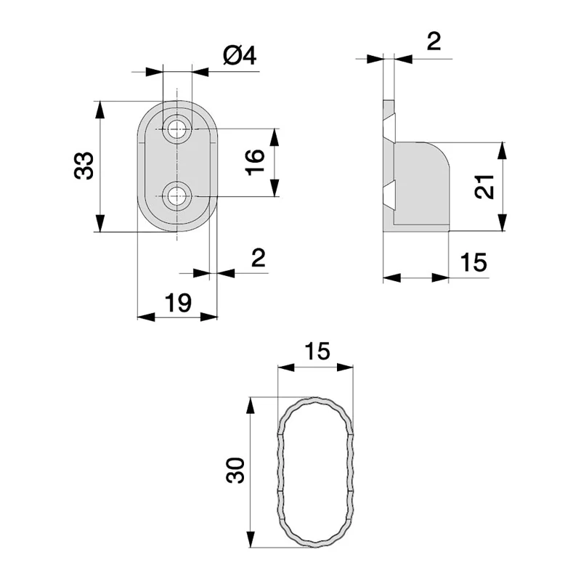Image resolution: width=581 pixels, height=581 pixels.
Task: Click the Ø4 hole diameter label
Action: tap(240, 56)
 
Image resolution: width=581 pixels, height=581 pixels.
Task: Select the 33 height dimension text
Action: tap(84, 166)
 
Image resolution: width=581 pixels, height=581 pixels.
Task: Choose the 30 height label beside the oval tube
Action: tap(234, 472)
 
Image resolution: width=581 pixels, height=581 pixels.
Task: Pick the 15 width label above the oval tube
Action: tap(317, 352)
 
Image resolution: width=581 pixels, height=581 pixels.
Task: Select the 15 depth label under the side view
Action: tap(474, 262)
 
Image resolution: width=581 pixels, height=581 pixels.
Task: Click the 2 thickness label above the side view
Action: tap(434, 41)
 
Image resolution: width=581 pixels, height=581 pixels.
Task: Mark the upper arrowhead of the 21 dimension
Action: tap(502, 149)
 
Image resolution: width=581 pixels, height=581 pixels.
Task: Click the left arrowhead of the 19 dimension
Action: tap(144, 317)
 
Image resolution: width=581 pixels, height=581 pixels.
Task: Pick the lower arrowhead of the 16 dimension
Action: tap(275, 190)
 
